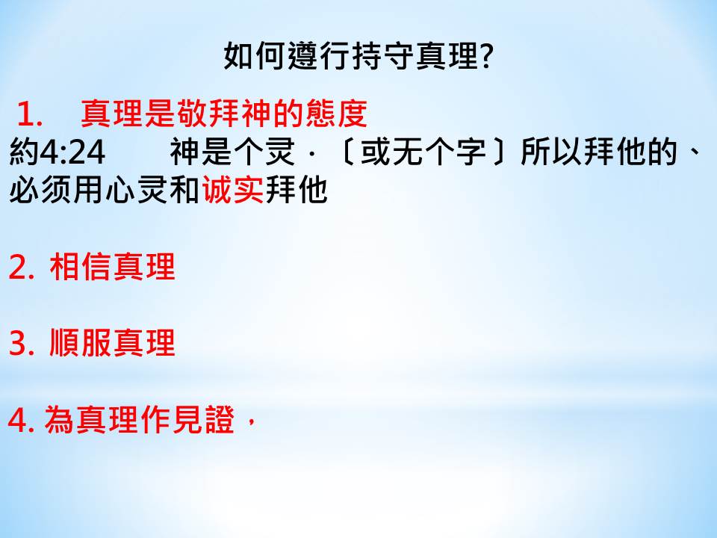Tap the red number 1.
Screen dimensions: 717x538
tap(29, 114)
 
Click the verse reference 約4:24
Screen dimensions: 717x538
tap(58, 152)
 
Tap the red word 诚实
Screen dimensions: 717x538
tap(233, 189)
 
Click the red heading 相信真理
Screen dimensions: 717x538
tap(113, 267)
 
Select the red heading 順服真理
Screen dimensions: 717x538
tap(113, 343)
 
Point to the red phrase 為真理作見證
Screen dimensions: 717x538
tap(140, 419)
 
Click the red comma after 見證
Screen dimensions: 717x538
tap(250, 422)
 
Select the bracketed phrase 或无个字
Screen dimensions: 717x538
tap(423, 152)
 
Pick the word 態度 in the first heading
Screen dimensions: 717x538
tap(336, 114)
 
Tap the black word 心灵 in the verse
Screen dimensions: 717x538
tap(136, 189)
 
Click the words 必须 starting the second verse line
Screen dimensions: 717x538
tap(40, 189)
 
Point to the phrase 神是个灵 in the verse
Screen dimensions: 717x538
tap(233, 152)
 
